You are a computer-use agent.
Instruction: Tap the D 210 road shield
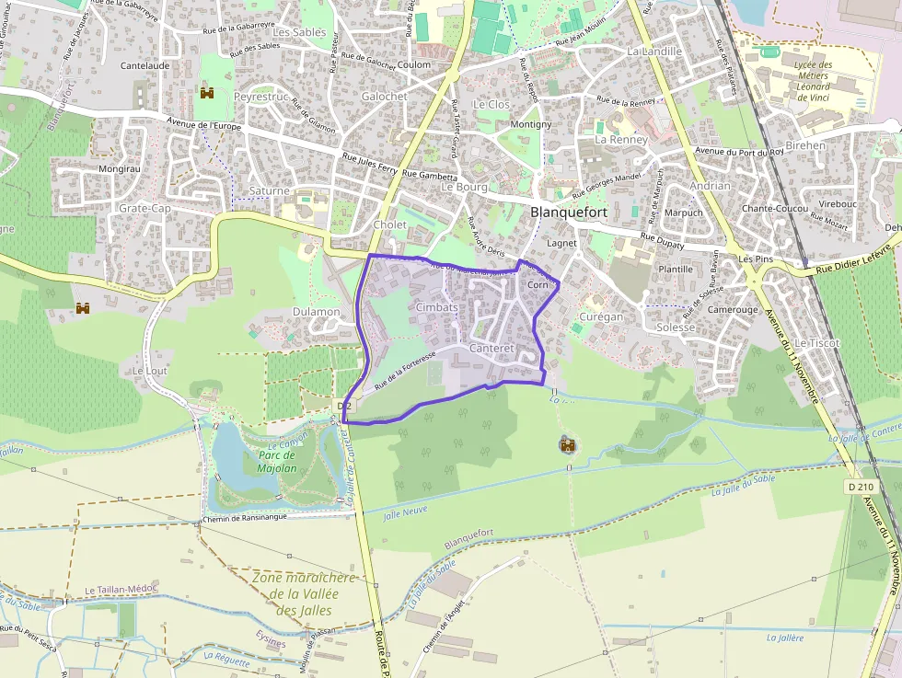tap(861, 486)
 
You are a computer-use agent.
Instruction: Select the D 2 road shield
tap(345, 405)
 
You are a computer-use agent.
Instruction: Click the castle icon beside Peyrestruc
tap(207, 93)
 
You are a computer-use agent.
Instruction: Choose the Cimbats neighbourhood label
tap(436, 306)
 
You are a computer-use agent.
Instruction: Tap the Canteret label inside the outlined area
tap(491, 349)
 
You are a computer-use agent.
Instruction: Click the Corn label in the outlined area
tap(538, 285)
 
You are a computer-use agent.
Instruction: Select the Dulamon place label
tap(316, 312)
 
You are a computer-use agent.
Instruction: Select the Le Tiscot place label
tap(817, 343)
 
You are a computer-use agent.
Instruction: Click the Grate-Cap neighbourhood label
tap(145, 209)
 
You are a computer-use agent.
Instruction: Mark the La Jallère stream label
tap(784, 638)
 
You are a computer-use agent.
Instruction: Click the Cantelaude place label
tap(145, 66)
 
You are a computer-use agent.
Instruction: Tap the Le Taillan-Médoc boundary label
tap(121, 590)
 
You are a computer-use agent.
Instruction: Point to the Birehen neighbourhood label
tap(805, 145)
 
